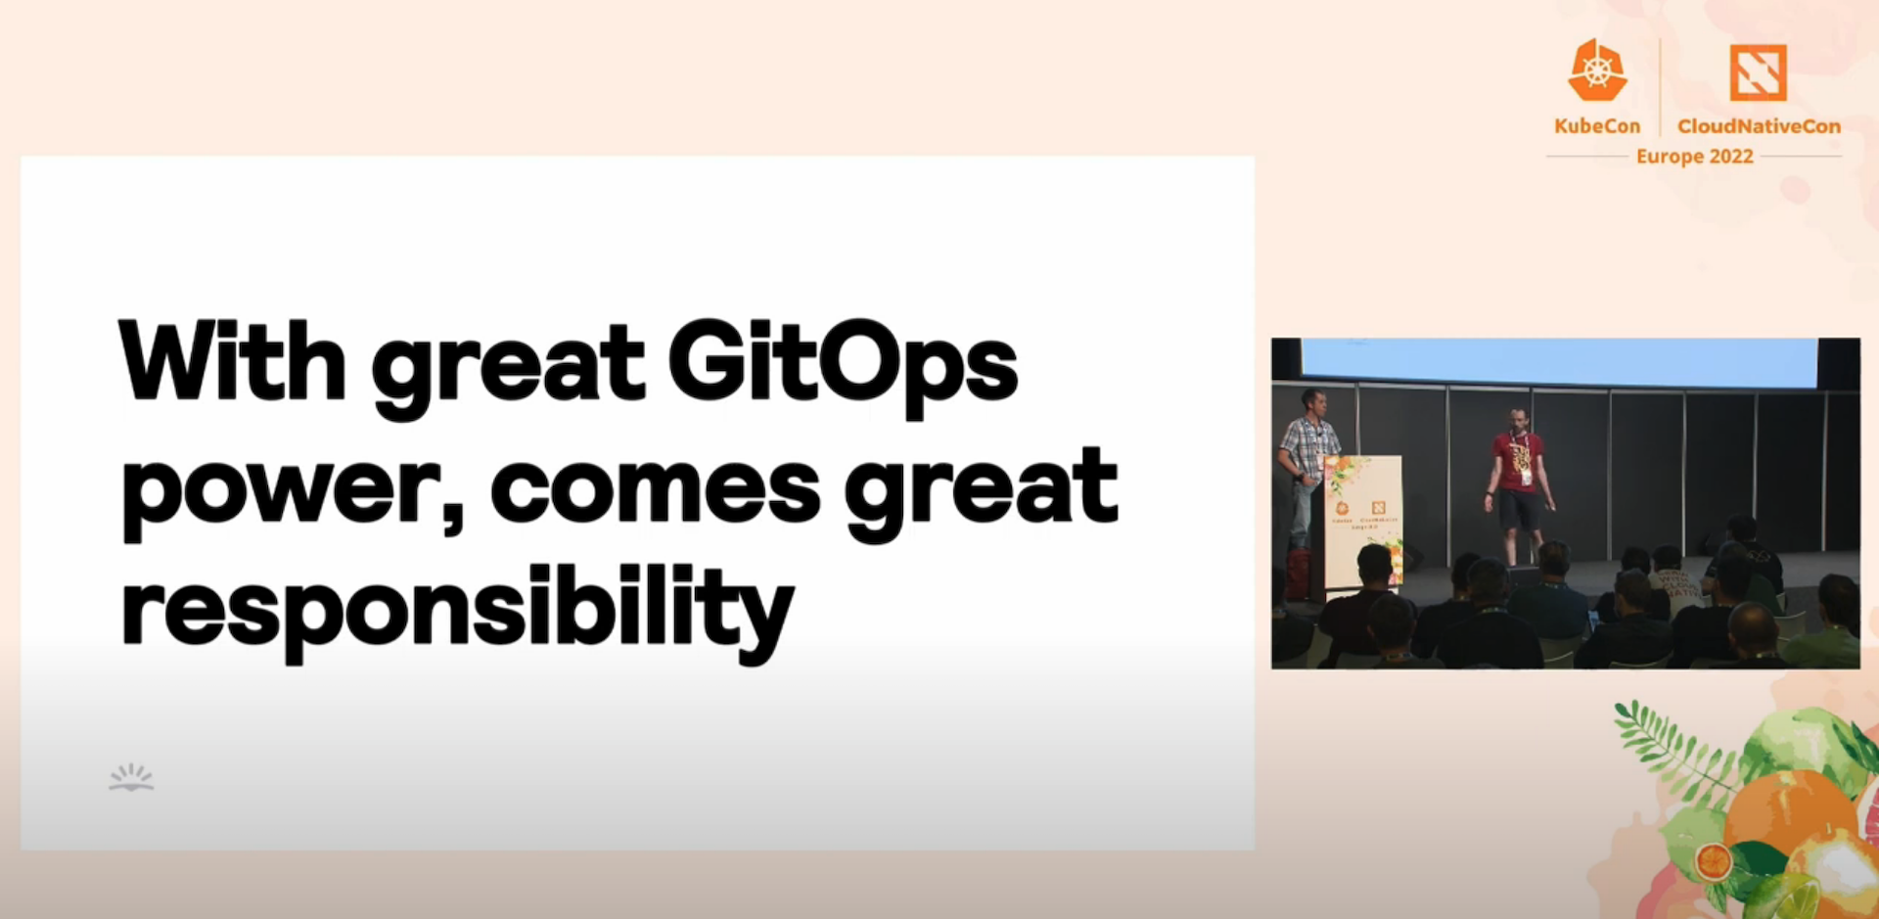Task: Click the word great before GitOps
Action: [x=508, y=367]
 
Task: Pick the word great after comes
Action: [x=982, y=489]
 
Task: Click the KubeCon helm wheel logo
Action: [x=1597, y=70]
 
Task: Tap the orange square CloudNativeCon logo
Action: [x=1758, y=72]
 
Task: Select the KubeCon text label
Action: [x=1597, y=126]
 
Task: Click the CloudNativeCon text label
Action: [x=1759, y=126]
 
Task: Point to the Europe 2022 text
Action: [x=1694, y=157]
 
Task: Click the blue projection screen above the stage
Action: [x=1558, y=362]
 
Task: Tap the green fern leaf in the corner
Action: [x=1664, y=744]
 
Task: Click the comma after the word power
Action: [x=452, y=514]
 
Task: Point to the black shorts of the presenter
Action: [x=1520, y=510]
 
